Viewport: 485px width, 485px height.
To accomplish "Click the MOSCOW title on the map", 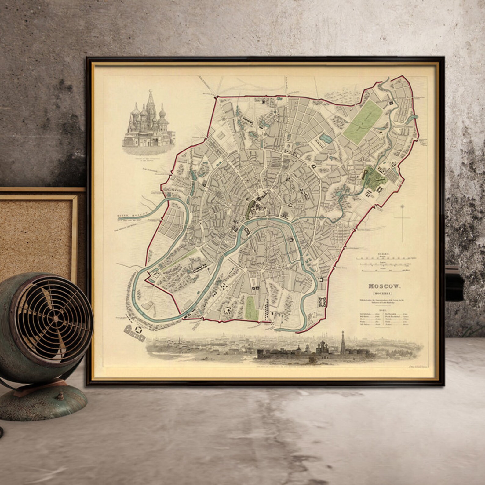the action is tap(384, 286).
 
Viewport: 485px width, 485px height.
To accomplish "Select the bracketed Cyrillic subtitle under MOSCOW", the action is tap(384, 294).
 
